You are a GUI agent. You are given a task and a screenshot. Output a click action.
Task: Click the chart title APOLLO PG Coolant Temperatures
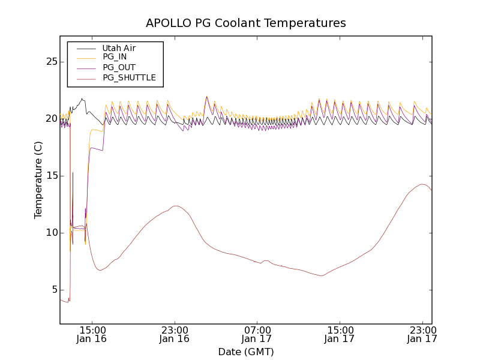246,23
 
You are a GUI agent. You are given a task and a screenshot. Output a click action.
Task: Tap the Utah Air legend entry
119,48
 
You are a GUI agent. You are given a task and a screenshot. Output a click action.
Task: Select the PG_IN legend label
115,57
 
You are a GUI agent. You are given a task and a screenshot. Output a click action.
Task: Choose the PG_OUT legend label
119,67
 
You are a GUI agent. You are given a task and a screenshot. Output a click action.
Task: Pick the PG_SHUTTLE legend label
129,77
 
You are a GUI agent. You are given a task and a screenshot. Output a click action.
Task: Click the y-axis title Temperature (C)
38,180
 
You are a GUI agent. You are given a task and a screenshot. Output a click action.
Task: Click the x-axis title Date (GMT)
246,352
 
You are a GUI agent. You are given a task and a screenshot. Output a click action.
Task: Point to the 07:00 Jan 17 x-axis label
257,335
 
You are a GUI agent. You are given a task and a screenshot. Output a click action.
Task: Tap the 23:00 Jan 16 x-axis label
175,335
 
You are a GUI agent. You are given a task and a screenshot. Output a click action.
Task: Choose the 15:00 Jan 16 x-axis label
92,335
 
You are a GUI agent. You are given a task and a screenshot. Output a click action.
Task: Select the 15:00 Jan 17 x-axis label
340,335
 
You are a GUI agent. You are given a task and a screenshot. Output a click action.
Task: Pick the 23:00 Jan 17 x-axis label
422,335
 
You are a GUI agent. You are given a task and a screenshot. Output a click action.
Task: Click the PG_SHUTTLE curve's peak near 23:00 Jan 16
176,206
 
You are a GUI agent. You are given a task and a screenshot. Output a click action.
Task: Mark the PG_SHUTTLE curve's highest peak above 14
422,184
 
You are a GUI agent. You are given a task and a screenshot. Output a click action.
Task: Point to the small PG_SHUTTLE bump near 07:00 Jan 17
266,260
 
